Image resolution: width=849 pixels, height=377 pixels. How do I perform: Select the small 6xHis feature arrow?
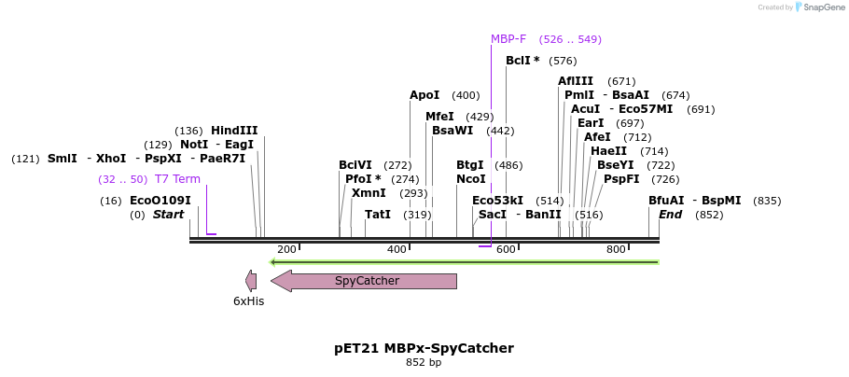tap(250, 280)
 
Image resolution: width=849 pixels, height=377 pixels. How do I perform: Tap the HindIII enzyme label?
tap(234, 131)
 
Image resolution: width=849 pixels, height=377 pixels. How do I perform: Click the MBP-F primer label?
tap(508, 39)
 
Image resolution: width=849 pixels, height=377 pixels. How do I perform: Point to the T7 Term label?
tap(177, 179)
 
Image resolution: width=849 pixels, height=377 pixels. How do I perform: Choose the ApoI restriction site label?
tap(424, 95)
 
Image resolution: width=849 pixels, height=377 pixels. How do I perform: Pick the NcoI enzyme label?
tap(471, 179)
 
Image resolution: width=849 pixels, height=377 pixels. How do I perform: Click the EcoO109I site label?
tap(160, 201)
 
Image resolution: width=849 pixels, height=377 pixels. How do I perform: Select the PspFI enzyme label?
tap(621, 179)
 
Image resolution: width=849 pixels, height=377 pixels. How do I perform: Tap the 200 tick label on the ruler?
tap(286, 249)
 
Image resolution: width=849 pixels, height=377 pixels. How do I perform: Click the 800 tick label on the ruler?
tap(616, 249)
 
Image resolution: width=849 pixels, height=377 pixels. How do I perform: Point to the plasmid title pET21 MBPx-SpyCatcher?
tap(424, 348)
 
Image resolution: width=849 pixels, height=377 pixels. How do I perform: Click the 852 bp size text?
tap(424, 362)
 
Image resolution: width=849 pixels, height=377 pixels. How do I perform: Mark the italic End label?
tap(671, 215)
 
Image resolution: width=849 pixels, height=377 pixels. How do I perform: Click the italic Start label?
tap(169, 215)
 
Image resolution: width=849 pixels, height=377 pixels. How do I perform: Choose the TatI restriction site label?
tap(378, 215)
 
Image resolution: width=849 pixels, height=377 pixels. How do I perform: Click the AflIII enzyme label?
tap(576, 81)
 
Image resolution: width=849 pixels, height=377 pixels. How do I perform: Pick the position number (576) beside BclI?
tap(563, 61)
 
